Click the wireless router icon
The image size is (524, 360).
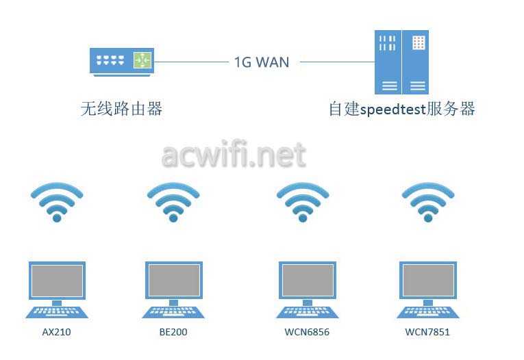point(122,62)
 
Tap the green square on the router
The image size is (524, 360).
point(142,60)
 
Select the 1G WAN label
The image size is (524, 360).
point(262,62)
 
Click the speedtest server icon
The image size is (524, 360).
point(401,62)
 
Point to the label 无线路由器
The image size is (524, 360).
point(121,109)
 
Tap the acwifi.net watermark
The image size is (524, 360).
point(234,154)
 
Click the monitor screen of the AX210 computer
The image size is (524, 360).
point(57,281)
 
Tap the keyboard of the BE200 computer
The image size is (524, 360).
point(173,312)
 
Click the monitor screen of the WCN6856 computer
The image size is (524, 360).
point(308,281)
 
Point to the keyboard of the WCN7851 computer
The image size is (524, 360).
point(427,312)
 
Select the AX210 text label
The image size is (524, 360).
point(56,332)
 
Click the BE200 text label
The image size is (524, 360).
point(173,332)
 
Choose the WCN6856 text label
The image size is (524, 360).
point(307,332)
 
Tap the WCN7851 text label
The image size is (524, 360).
point(427,332)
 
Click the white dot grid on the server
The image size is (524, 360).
point(419,42)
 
